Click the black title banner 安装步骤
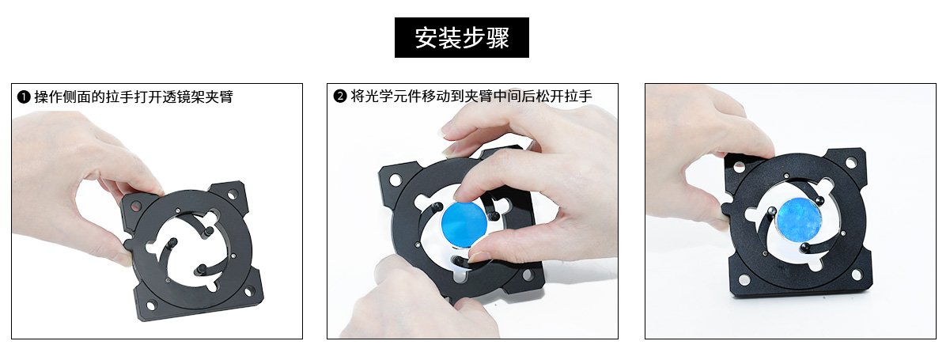(461, 37)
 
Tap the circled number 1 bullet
(24, 97)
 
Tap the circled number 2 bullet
(340, 97)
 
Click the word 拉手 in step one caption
(119, 97)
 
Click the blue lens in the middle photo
(464, 223)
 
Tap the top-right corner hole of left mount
(233, 195)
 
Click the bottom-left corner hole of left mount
(150, 305)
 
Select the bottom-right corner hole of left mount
(248, 292)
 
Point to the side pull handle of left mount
(127, 244)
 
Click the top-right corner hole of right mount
(851, 162)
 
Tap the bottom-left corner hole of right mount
(744, 280)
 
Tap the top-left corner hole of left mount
(135, 207)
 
